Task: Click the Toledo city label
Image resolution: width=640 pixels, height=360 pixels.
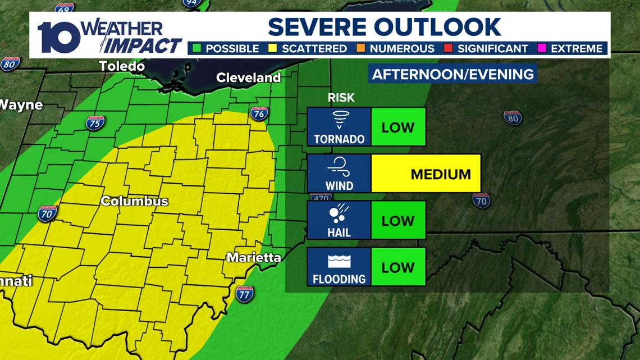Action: tap(122, 66)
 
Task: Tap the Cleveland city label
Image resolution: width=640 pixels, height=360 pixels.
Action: tap(248, 78)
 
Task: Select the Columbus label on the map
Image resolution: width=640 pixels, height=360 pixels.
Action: tap(134, 201)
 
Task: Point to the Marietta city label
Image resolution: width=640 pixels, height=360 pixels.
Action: tap(253, 258)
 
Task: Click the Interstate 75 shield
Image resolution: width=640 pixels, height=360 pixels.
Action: tap(95, 123)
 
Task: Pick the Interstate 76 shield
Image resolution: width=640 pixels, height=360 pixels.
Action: tap(258, 113)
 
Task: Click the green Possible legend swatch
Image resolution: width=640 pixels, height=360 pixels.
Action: tap(196, 48)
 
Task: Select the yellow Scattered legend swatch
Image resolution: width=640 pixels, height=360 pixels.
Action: tap(272, 48)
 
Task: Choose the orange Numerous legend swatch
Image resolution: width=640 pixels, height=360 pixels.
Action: tap(360, 48)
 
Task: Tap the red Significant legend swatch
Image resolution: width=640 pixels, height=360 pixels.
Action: tap(448, 48)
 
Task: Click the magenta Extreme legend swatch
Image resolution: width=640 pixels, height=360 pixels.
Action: tap(541, 48)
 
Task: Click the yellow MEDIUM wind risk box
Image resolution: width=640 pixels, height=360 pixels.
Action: tap(426, 174)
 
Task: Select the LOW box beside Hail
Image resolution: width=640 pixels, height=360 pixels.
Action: tap(398, 220)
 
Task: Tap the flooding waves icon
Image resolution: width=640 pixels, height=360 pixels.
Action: tap(339, 261)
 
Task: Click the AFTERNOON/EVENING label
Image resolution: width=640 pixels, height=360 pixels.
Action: tap(452, 74)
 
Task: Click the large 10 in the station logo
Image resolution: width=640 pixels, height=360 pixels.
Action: tap(59, 37)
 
